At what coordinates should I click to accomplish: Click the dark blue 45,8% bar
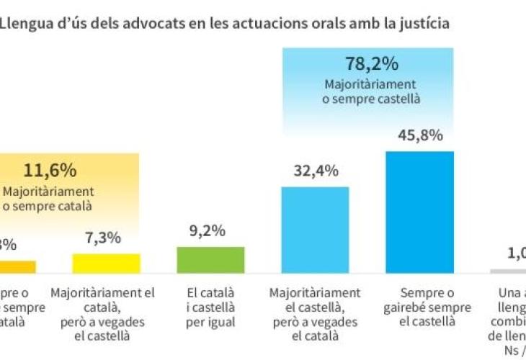(419, 212)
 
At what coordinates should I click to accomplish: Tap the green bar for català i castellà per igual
(210, 260)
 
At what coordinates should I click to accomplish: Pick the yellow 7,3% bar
(106, 264)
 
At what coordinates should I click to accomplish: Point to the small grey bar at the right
(508, 271)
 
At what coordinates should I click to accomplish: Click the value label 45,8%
(419, 135)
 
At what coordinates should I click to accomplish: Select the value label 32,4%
(315, 171)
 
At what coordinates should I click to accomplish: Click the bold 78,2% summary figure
(372, 64)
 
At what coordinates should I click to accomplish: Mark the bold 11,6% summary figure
(50, 171)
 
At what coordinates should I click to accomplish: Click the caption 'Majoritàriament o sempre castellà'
(372, 91)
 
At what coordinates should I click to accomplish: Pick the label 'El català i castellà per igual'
(210, 307)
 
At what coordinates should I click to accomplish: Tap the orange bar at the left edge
(16, 267)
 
